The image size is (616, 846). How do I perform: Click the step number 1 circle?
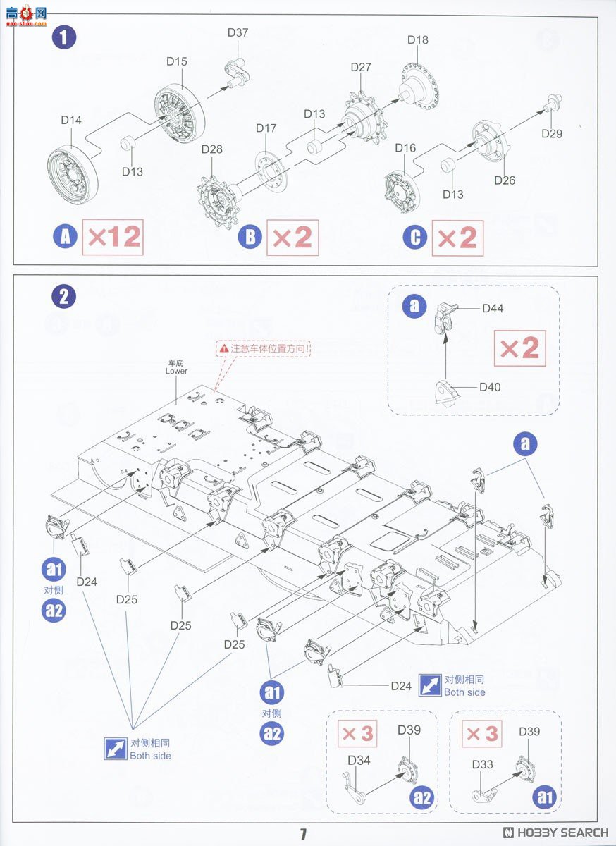point(64,38)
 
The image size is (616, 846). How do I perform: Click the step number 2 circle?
point(64,297)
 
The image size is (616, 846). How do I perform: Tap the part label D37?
point(238,32)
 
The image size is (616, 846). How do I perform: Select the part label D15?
point(177,61)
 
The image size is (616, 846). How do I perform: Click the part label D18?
point(417,40)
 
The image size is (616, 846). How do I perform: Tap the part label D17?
point(266,128)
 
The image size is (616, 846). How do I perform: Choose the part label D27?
point(361,67)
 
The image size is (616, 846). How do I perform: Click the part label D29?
point(552,133)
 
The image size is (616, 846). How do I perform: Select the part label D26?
point(505,180)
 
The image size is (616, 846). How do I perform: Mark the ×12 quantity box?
point(113,238)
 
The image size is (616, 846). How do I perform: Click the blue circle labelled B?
point(250,238)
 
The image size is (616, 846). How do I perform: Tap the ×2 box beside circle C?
point(457,238)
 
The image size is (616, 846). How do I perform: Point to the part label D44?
point(493,308)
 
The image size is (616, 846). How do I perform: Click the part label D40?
point(490,387)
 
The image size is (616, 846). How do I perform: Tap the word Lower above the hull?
point(176,371)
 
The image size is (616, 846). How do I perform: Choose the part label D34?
point(359,760)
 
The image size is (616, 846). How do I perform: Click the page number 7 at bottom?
point(303,835)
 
